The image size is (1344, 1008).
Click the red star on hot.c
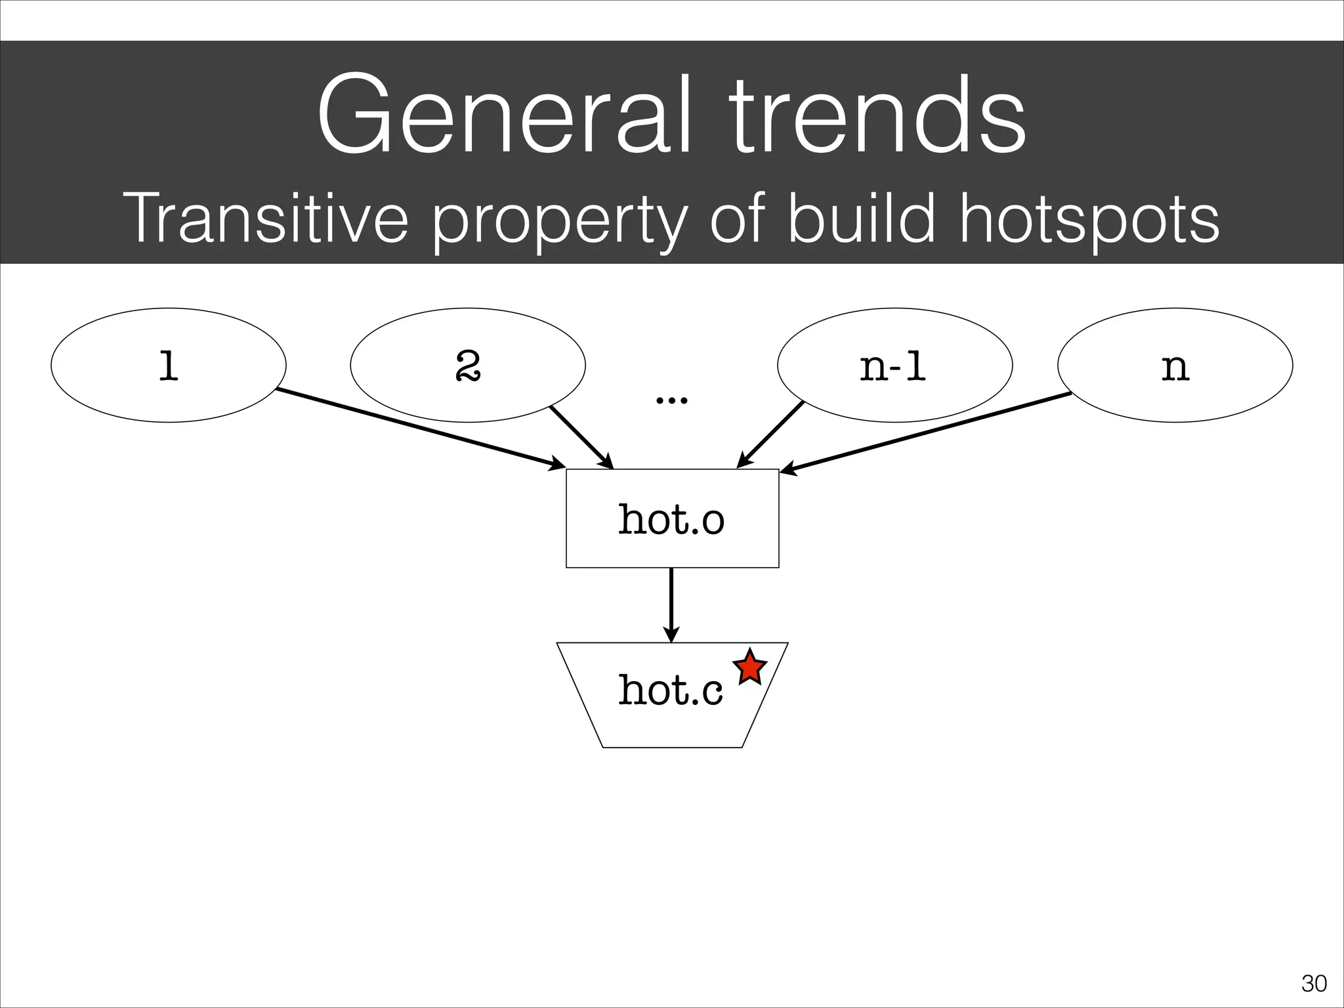[x=750, y=668]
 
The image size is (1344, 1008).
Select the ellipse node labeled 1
[x=169, y=365]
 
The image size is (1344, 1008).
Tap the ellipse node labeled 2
[x=468, y=365]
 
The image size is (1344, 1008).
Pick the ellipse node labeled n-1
[x=894, y=365]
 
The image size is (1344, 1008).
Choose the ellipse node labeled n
[x=1175, y=365]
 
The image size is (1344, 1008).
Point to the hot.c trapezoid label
[x=671, y=690]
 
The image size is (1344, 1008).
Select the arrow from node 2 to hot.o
[x=581, y=437]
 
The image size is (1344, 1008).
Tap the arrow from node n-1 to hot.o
[x=770, y=435]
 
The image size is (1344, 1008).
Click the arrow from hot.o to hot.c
[x=671, y=604]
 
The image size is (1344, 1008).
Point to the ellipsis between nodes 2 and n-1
[x=672, y=399]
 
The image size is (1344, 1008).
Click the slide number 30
[x=1314, y=984]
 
